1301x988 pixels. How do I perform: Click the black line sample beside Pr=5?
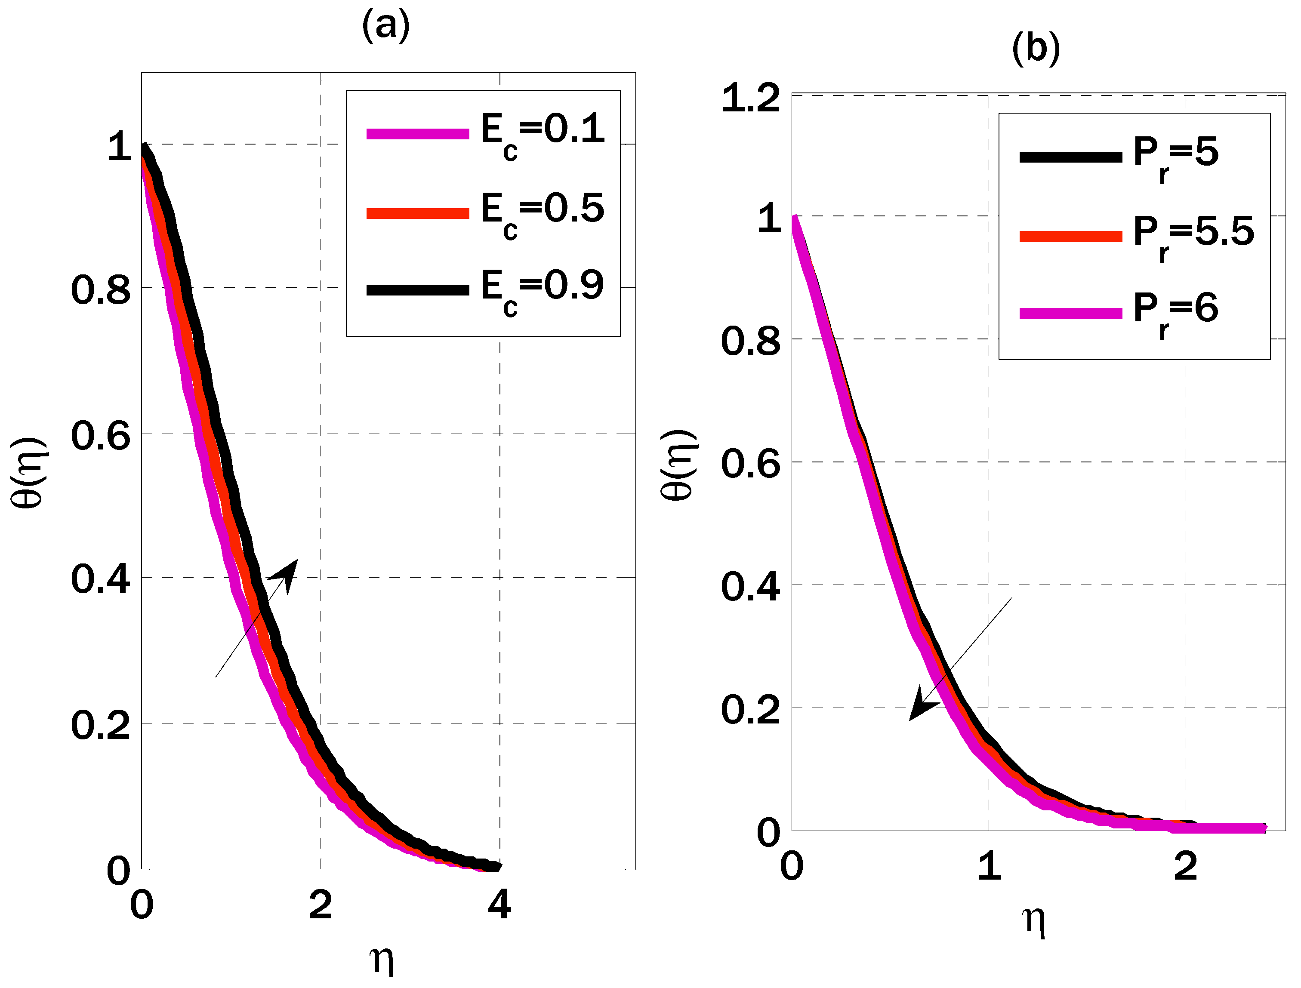click(1070, 157)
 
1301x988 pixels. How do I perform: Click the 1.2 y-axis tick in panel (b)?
click(750, 98)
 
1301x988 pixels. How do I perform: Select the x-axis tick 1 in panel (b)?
click(989, 866)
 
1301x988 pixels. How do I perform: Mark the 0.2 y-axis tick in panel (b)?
click(750, 709)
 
